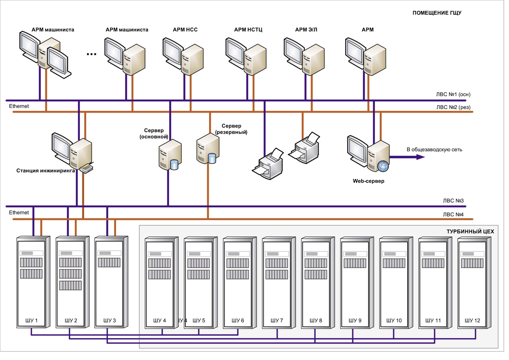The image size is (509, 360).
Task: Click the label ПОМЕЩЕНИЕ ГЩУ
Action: [437, 13]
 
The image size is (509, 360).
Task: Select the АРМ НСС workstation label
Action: [185, 30]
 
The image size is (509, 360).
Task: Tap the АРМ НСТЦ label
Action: [248, 30]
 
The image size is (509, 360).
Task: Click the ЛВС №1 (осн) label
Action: [453, 95]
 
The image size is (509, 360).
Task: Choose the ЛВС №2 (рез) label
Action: [453, 107]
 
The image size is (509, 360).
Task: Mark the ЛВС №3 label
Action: [453, 201]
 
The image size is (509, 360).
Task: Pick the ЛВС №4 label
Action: [453, 214]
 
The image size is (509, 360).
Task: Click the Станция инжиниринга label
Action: [46, 171]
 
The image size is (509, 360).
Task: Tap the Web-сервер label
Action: [369, 181]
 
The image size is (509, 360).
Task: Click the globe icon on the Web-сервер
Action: [383, 166]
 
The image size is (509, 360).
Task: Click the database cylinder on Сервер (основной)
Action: [174, 164]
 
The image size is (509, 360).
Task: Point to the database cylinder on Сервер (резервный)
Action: [212, 158]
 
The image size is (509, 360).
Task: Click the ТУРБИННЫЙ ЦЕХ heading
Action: [470, 231]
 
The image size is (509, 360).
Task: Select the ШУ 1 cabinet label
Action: [31, 320]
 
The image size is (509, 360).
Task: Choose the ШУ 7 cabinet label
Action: [277, 320]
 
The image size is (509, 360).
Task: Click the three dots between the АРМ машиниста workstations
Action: [91, 54]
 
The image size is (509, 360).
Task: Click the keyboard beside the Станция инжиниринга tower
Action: [87, 169]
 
